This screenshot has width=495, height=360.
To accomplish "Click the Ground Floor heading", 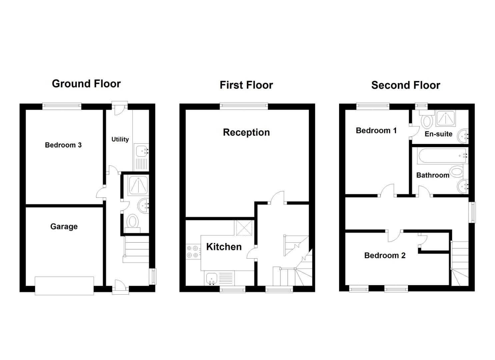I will coord(86,84).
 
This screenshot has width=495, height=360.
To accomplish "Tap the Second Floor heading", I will coord(405,85).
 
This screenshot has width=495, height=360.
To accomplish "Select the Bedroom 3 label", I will coord(63,145).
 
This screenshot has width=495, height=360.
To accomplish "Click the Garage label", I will coord(64,227).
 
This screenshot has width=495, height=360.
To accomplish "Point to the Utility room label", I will coord(120,139).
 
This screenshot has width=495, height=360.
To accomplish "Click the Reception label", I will coord(246,132).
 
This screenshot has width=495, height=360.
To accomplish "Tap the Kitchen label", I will coord(224,247).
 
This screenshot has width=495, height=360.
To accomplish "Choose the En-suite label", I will coord(438,134).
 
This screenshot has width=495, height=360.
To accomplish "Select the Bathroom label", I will coord(432,175).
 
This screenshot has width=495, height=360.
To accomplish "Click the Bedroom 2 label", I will coord(385,256).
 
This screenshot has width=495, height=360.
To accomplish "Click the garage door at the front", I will coord(64,286).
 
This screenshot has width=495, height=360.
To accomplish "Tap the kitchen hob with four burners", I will coord(193,252).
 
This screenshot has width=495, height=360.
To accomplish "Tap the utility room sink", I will coord(142,151).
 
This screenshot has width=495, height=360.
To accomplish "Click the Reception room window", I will coord(244,106).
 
